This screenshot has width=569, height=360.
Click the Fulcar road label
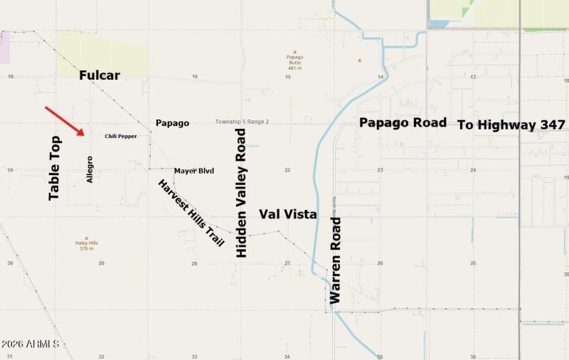100,75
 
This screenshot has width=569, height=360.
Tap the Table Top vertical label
54,168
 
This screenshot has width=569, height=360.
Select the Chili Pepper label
121,136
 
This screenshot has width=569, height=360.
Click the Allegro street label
90,169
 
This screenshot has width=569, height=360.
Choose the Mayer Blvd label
194,171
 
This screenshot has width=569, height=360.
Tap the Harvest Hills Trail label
191,213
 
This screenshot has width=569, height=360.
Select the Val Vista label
288,213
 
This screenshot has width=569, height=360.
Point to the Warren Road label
336,260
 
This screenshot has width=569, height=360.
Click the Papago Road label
403,122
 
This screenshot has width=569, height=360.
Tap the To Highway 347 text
511,125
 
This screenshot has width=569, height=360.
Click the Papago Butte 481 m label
294,62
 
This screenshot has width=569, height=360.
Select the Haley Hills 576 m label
87,245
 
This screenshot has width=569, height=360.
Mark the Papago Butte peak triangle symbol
294,49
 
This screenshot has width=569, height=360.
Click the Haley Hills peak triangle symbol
87,238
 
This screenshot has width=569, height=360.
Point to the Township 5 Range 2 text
242,122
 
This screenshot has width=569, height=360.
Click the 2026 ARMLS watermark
30,344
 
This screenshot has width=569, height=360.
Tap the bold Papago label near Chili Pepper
172,123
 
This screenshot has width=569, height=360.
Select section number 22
287,170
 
